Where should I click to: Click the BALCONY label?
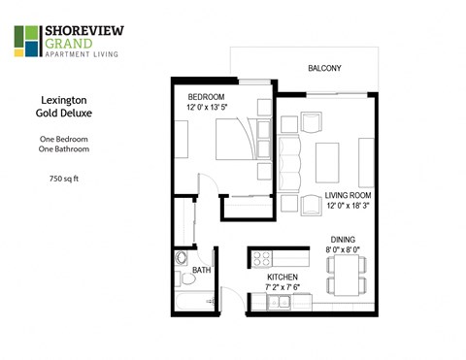pos(325,67)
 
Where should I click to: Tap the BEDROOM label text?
pos(207,96)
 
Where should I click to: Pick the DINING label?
pos(342,239)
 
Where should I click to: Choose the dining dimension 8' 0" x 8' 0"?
pos(342,249)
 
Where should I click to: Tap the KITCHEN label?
pos(282,277)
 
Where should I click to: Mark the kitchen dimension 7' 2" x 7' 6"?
pos(283,288)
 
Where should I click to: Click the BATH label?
pos(201,271)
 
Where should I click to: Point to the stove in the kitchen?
pos(263,257)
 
